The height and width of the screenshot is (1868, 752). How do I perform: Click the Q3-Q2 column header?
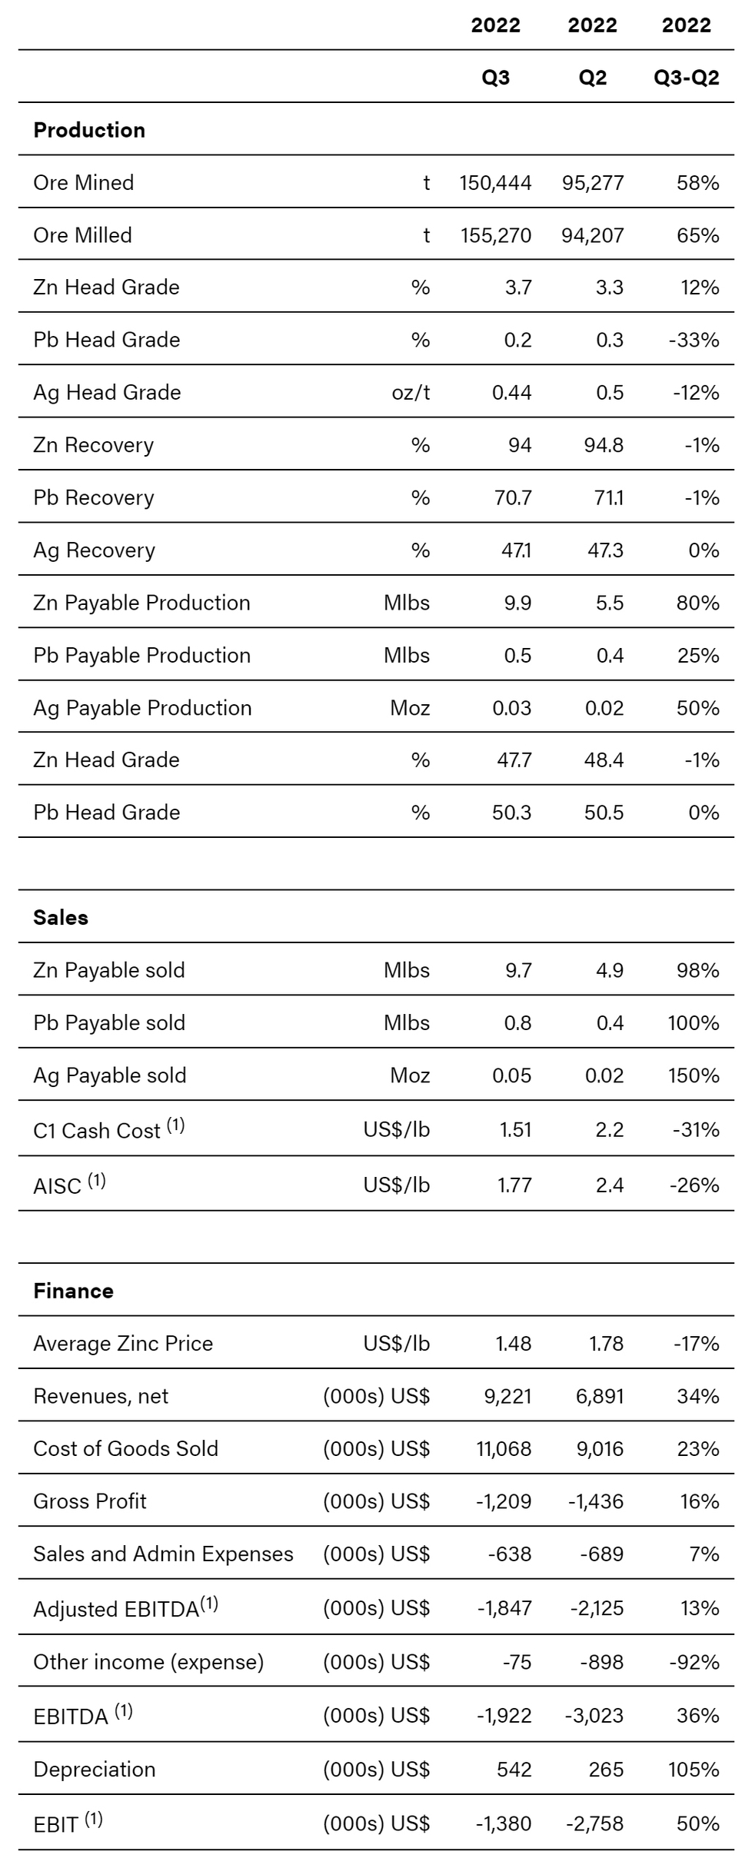coord(686,78)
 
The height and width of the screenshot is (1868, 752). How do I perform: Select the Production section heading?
coord(89,130)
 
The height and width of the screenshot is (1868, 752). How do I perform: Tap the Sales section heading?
coord(61,917)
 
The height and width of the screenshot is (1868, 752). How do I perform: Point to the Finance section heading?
coord(73,1291)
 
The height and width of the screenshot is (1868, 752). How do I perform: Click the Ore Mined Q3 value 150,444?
coord(495,183)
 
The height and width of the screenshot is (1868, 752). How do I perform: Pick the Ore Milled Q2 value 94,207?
coord(592,235)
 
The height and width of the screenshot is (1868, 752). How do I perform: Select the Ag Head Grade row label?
coord(107,393)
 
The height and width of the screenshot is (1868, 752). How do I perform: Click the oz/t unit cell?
coord(411,393)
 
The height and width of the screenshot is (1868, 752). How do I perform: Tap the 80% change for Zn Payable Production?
coord(697,603)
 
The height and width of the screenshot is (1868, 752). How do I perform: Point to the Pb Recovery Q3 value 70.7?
coord(512,498)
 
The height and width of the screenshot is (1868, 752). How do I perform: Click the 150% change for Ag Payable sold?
coord(694,1075)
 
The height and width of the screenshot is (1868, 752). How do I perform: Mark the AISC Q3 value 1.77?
coord(514,1185)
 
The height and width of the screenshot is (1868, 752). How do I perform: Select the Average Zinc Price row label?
coord(123,1344)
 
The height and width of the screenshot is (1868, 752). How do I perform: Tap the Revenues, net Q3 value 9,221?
coord(507,1396)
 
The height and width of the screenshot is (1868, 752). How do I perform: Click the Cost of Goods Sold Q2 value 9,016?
coord(600,1448)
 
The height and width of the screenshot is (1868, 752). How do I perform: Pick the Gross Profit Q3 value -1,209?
coord(504,1501)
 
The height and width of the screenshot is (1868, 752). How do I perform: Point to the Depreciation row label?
coord(94,1769)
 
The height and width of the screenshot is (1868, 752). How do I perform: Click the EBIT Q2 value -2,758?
coord(596,1823)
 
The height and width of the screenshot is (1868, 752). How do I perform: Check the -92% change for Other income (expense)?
coord(694,1662)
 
